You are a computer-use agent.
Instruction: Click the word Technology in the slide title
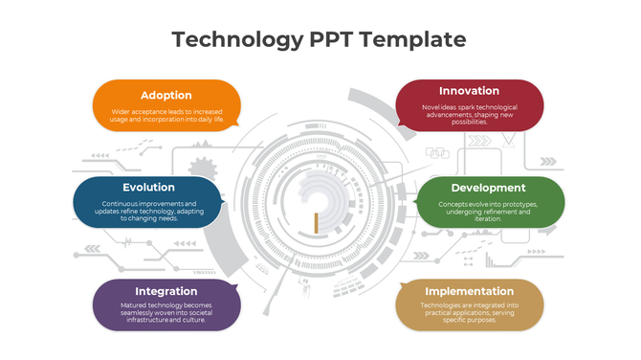tap(230, 39)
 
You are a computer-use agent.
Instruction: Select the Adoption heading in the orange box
tap(166, 95)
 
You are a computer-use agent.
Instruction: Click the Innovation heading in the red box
tap(469, 91)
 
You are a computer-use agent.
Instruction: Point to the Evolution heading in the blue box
tap(148, 187)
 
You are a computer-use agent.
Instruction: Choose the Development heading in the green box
tap(488, 188)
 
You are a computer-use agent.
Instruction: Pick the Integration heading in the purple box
tap(166, 291)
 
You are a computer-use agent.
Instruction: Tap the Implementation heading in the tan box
tap(469, 291)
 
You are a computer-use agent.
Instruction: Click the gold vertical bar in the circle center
tap(315, 221)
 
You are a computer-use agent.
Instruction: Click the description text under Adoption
tap(166, 116)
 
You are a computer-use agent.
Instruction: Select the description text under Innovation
tap(469, 114)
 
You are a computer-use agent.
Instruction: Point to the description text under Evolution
tap(148, 211)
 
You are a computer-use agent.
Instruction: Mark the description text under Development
tap(488, 211)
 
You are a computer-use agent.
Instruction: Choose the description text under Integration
tap(166, 313)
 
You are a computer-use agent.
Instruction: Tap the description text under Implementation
tap(469, 313)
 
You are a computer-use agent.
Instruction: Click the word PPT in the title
tap(335, 39)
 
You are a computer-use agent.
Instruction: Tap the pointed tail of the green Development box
tap(415, 202)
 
